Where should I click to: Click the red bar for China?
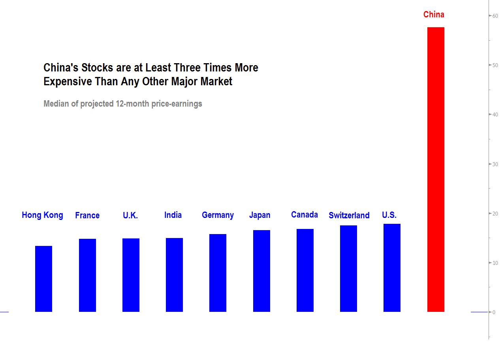point(436,169)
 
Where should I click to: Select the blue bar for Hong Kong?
point(43,279)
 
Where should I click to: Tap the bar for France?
point(87,275)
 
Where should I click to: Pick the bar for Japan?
point(261,271)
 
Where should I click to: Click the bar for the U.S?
point(392,268)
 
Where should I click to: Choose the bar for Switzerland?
point(348,268)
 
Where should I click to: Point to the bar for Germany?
point(218,273)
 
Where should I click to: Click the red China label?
point(434,15)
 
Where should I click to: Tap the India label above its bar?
point(173,215)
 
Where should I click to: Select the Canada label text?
point(304,215)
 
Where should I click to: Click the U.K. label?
point(130,216)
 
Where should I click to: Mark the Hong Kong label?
point(42,215)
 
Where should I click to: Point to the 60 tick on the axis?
point(494,16)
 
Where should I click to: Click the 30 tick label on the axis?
point(494,164)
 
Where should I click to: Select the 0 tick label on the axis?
point(494,312)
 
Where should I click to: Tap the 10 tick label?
point(494,263)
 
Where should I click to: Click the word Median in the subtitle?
point(56,104)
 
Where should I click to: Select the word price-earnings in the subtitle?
point(177,104)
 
